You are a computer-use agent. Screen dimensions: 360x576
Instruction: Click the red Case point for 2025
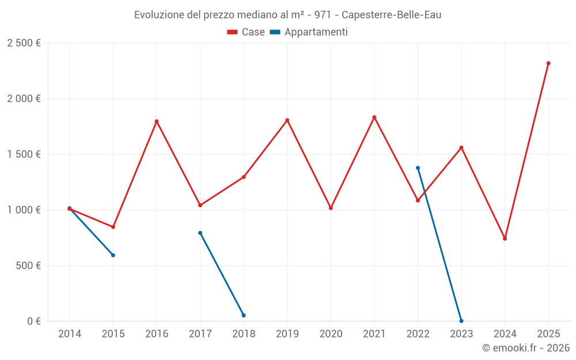point(548,63)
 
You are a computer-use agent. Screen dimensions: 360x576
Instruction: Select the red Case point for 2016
point(157,122)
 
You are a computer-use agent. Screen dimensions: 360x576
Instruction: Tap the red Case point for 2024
point(505,238)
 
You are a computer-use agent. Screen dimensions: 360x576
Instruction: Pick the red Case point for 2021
point(374,118)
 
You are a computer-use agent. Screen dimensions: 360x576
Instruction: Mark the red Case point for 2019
point(287,120)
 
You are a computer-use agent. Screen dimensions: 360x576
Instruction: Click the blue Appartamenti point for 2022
point(418,168)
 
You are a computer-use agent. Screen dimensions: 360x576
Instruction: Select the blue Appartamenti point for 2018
point(244,315)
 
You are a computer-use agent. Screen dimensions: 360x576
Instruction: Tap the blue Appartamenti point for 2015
point(113,255)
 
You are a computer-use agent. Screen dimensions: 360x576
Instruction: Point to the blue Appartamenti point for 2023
point(461,321)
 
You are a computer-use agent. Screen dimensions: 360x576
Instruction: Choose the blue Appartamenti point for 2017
point(200,233)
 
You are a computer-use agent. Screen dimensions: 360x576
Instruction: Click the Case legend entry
point(246,32)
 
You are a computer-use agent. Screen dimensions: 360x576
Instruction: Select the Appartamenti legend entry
point(309,32)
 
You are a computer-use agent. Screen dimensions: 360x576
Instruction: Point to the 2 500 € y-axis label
point(24,43)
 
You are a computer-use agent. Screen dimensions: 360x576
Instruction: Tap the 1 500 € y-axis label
point(24,154)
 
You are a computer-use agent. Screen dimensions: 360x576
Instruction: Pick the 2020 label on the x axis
point(331,334)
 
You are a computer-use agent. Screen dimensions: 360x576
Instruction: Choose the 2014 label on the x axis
point(70,334)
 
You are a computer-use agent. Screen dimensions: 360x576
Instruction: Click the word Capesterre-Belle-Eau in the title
point(391,15)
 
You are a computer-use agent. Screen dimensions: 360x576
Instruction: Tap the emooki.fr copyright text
point(525,348)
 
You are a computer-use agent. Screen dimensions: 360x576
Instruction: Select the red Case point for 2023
point(461,147)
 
